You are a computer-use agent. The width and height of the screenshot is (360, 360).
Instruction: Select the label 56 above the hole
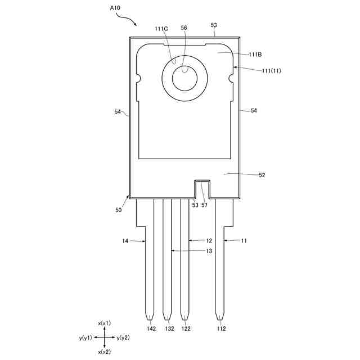183,28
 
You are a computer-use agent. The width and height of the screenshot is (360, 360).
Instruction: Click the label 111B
255,55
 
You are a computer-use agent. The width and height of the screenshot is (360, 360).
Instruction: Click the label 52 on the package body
262,175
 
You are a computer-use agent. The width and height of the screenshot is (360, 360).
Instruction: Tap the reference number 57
204,205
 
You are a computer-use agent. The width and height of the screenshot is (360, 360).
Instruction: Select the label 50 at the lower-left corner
118,210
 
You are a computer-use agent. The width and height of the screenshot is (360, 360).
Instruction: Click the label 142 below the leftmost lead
151,328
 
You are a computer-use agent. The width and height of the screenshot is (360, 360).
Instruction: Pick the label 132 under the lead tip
169,328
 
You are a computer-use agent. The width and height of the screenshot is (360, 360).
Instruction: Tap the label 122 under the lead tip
185,328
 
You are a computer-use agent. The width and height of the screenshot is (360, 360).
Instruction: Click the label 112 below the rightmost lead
221,328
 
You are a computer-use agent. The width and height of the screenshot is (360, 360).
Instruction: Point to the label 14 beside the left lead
125,241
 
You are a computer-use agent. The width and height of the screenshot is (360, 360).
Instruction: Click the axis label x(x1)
104,323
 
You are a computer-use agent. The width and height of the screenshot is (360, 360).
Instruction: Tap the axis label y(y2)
123,337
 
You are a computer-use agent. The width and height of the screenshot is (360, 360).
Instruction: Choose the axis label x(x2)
104,352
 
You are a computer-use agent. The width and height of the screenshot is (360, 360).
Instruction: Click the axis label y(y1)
85,337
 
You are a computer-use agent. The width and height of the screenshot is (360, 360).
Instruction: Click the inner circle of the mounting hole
184,78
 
